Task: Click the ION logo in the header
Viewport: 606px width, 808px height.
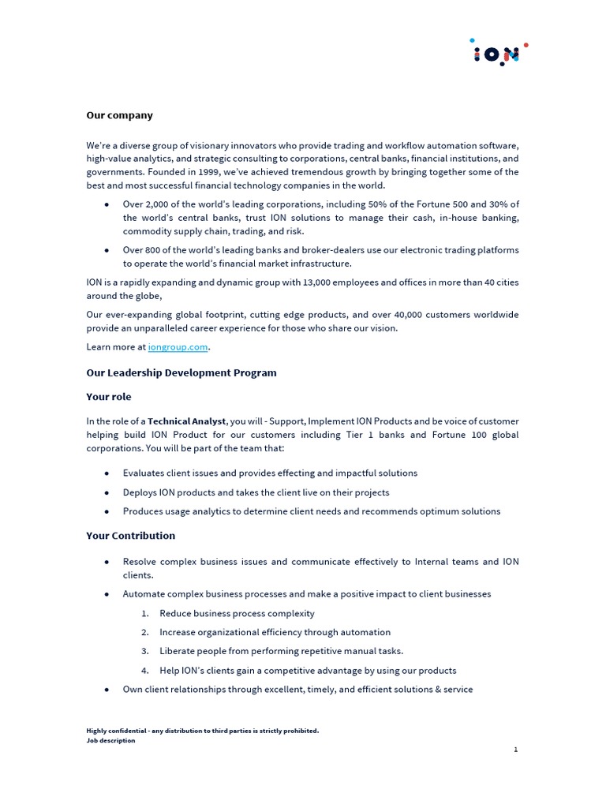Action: click(x=497, y=53)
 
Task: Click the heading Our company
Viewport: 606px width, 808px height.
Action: click(x=119, y=115)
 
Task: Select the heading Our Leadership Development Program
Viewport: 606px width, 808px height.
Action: click(x=181, y=372)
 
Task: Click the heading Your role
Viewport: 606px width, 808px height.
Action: click(x=109, y=397)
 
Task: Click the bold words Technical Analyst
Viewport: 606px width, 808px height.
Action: click(x=187, y=421)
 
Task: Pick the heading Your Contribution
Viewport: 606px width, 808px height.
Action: click(x=130, y=536)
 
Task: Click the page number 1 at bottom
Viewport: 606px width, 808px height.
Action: click(x=515, y=750)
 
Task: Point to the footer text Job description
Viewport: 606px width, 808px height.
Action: click(x=110, y=740)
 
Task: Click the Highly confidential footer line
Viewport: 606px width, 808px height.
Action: click(x=202, y=731)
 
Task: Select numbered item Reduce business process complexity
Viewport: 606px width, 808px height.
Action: click(x=237, y=613)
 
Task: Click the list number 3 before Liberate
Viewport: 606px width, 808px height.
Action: click(x=145, y=651)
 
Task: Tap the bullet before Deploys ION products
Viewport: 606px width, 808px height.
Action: click(x=107, y=492)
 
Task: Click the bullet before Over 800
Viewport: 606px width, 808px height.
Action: click(x=107, y=250)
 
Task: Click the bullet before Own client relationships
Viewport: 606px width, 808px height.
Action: click(x=107, y=690)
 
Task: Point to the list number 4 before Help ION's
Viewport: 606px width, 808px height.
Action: click(x=145, y=671)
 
